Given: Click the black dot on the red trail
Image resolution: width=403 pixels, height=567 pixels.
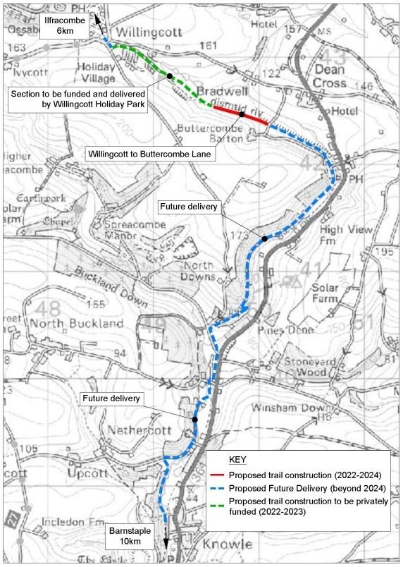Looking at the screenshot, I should (242, 114).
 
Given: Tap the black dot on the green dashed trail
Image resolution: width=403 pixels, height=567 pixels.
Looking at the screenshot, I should (170, 75).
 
